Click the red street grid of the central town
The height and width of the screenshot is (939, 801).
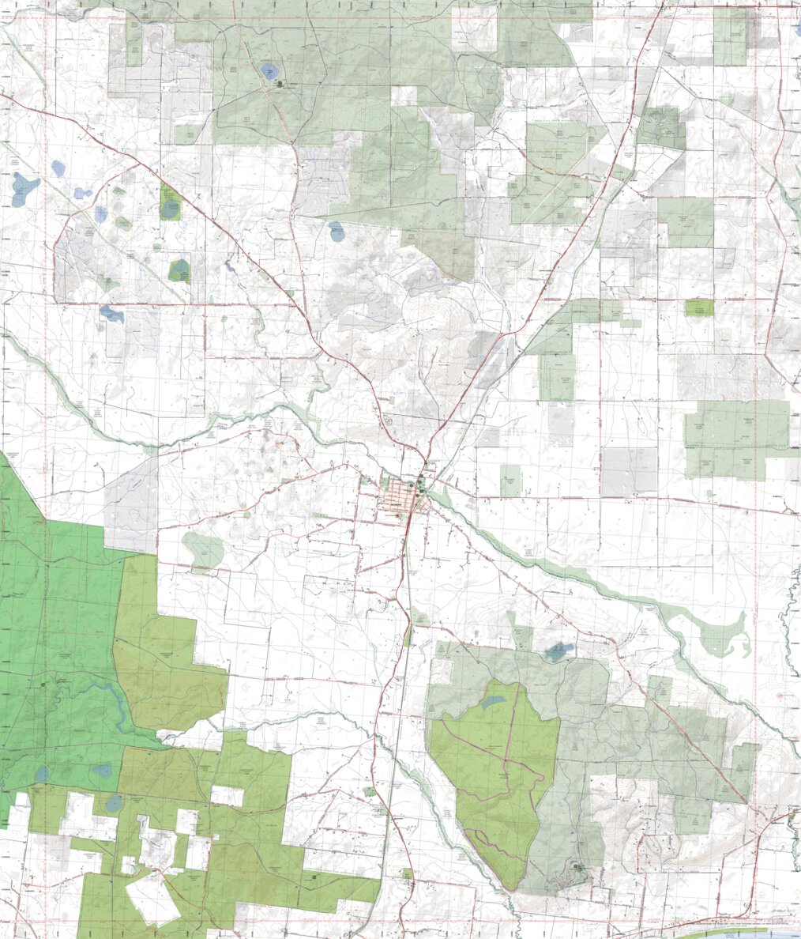[399, 500]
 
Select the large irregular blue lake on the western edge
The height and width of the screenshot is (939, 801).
[24, 188]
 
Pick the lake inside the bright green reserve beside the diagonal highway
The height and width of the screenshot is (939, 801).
[170, 208]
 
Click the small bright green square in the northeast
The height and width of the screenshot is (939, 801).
[698, 307]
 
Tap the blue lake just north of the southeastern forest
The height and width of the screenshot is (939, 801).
[558, 652]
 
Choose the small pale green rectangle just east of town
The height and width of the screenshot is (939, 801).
[510, 480]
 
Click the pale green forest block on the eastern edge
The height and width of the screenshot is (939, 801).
[736, 440]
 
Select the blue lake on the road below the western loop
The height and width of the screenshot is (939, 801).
[111, 314]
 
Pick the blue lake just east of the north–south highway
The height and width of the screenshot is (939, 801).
[337, 232]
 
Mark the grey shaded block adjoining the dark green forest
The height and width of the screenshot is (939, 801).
[130, 506]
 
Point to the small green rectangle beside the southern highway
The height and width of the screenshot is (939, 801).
[407, 874]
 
